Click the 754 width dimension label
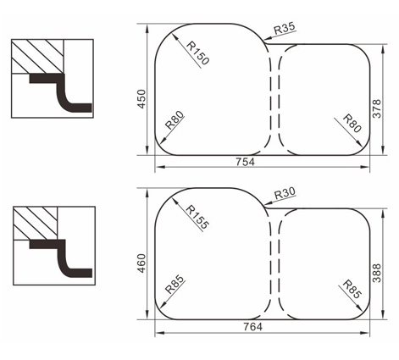245,162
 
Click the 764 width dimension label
252,327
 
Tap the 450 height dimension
141,99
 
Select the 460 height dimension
141,263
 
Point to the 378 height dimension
377,108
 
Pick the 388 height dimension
377,273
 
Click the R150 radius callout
198,53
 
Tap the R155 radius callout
198,217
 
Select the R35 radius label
285,28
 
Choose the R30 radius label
285,194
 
